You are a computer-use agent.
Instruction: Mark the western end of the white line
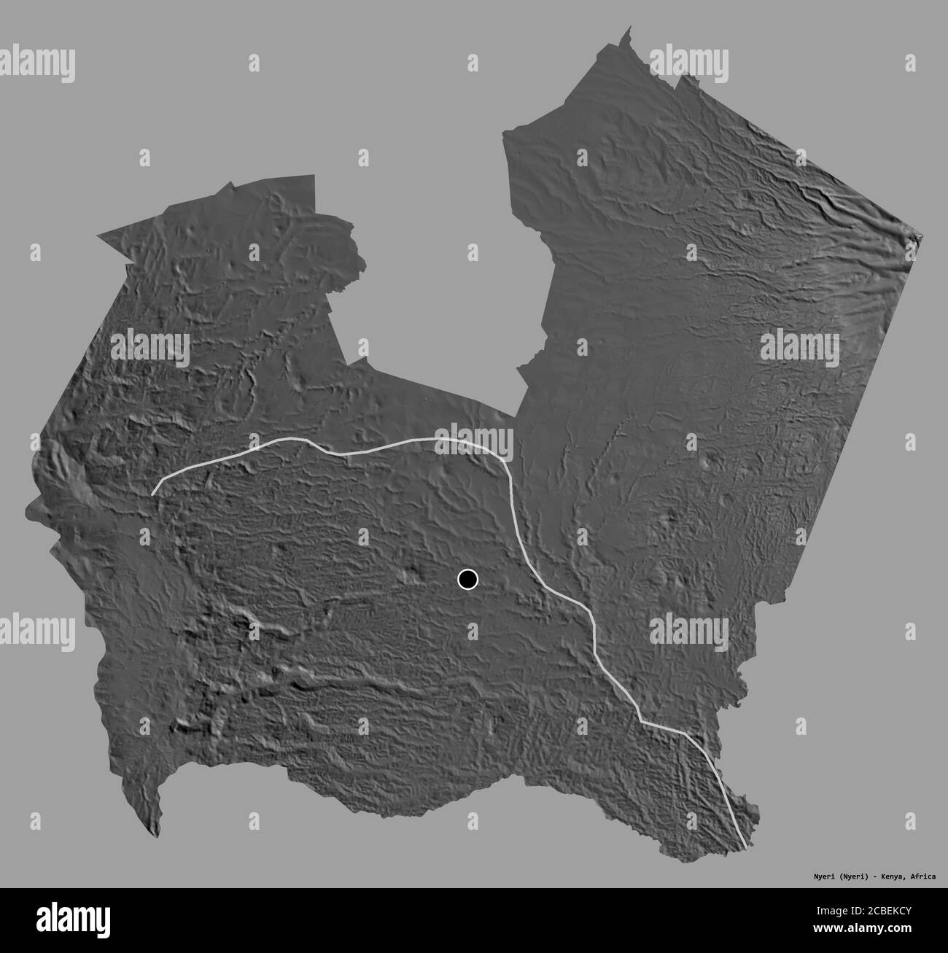tap(152, 495)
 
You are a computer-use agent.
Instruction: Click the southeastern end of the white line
tap(745, 848)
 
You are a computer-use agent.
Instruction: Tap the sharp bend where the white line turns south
tap(506, 464)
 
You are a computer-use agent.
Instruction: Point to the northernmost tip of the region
tap(629, 27)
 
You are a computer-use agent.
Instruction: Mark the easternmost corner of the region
tap(922, 236)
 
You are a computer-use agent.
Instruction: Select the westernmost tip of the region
tap(26, 513)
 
